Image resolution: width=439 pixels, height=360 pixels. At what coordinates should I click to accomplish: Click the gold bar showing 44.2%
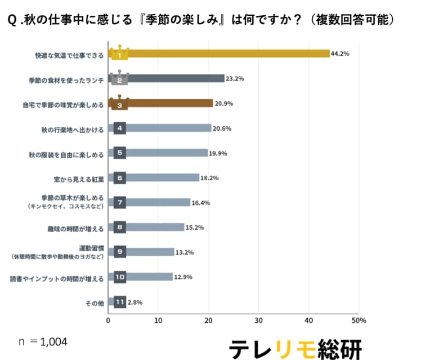click(x=225, y=54)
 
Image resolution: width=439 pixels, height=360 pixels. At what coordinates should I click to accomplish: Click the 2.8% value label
click(x=135, y=302)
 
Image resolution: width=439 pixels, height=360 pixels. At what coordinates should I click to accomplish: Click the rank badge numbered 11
click(x=119, y=302)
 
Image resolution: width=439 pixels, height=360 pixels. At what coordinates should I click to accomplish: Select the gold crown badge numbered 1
click(x=119, y=54)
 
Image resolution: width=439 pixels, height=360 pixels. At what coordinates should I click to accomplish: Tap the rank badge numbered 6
click(x=119, y=178)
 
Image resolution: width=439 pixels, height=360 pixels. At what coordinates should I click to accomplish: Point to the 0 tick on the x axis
click(x=108, y=321)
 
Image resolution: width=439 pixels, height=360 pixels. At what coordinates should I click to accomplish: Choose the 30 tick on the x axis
click(x=258, y=321)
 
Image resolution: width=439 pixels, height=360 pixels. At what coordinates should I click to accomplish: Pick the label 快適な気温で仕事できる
click(x=69, y=55)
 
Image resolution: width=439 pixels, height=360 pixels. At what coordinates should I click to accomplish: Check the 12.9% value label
click(x=184, y=277)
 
